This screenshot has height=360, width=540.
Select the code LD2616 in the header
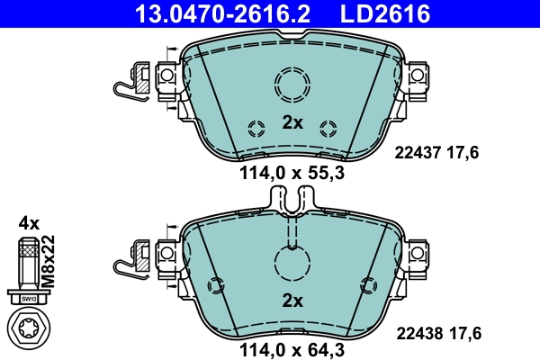click(x=386, y=13)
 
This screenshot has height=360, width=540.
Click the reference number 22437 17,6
click(x=438, y=153)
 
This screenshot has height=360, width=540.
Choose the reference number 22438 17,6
click(x=438, y=333)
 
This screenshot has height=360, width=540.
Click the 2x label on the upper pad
click(x=292, y=123)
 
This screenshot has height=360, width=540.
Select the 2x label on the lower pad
click(x=292, y=301)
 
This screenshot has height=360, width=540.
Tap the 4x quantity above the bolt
click(x=29, y=222)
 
